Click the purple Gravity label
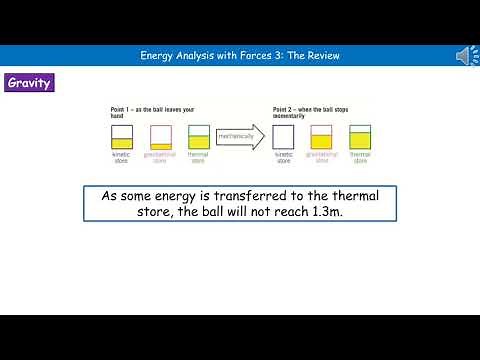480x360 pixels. tap(29, 83)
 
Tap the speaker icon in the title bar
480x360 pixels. tap(467, 56)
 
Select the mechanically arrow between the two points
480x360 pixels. tap(240, 134)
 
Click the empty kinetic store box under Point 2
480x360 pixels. tap(284, 136)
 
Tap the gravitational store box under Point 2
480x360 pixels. tap(322, 136)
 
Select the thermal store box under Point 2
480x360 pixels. tap(360, 136)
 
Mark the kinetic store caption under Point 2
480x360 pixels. tap(284, 157)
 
